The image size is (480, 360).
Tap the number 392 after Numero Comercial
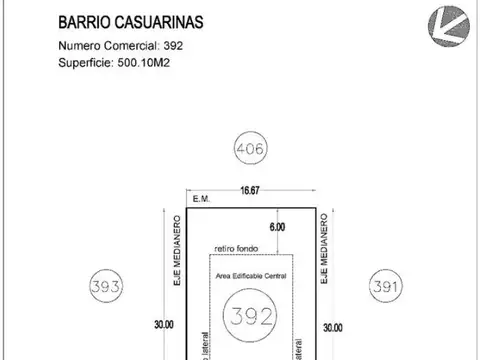point(172,46)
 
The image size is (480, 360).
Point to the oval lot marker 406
point(250,151)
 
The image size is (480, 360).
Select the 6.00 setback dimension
point(277,227)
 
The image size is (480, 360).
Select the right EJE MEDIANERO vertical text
point(324,253)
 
